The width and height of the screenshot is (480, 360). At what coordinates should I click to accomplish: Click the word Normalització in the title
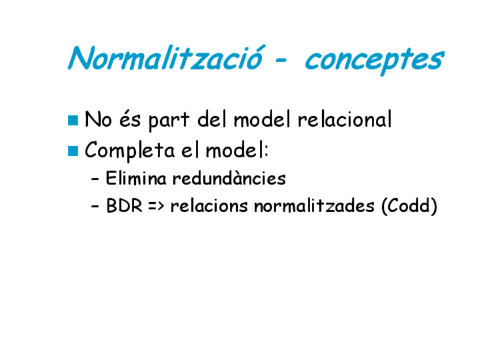[165, 58]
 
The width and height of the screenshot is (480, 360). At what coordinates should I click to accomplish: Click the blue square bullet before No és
[73, 121]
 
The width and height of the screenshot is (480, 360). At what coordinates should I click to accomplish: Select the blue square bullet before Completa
[73, 151]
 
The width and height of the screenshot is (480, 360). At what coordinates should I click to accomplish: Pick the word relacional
[345, 119]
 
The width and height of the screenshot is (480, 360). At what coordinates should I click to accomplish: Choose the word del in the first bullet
[212, 119]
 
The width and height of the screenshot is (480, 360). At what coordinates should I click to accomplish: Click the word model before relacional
[262, 119]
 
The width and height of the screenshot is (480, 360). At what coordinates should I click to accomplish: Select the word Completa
[130, 151]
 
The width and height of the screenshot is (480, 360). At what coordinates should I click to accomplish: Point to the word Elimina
[136, 178]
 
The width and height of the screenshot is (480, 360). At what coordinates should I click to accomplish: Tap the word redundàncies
[229, 178]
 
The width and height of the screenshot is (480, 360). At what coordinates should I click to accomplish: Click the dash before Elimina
[95, 179]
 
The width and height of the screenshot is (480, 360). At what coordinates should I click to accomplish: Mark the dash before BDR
[95, 206]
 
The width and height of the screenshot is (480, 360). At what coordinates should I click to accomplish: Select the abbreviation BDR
[125, 205]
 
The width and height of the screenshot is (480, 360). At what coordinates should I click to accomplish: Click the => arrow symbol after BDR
[156, 205]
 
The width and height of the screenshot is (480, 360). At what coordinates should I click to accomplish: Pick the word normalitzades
[314, 205]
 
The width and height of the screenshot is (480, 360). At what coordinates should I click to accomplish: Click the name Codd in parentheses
[409, 205]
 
